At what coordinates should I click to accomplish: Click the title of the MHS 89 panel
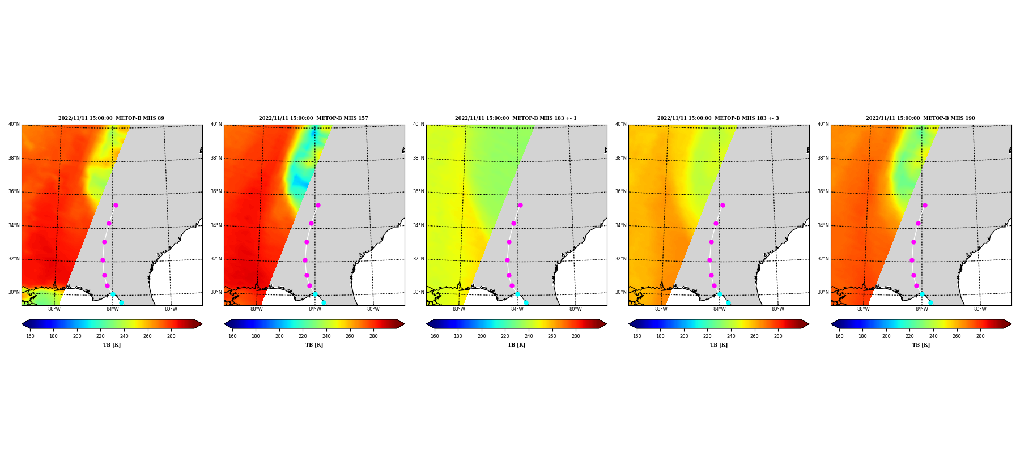tap(111, 118)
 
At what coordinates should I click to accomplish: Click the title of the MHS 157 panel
tap(313, 118)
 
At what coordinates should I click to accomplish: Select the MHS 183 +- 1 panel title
tap(516, 118)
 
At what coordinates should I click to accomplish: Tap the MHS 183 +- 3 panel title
tap(718, 118)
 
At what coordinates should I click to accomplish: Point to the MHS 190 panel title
tap(920, 118)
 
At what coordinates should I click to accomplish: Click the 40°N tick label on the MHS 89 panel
tap(14, 124)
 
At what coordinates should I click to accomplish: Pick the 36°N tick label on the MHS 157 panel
tap(216, 191)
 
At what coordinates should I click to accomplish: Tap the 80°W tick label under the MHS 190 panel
tap(980, 309)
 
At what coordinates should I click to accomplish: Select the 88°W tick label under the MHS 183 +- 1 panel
tap(459, 309)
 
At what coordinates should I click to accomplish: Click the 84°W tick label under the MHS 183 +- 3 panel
tap(720, 309)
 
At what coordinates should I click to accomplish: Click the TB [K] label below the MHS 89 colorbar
tap(112, 345)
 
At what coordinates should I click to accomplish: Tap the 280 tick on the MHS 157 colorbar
tap(373, 336)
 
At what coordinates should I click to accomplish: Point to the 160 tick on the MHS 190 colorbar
tap(839, 336)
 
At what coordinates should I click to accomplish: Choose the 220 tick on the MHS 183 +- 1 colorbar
tap(505, 336)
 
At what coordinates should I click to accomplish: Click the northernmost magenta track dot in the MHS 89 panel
tap(116, 205)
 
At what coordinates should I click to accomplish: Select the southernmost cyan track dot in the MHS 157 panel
tap(324, 302)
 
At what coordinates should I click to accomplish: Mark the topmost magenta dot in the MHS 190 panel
tap(925, 205)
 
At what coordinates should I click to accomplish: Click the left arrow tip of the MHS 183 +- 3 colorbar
tap(629, 324)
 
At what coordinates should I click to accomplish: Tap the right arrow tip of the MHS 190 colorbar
tap(1011, 324)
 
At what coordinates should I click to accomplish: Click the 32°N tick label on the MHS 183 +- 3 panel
tap(621, 259)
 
